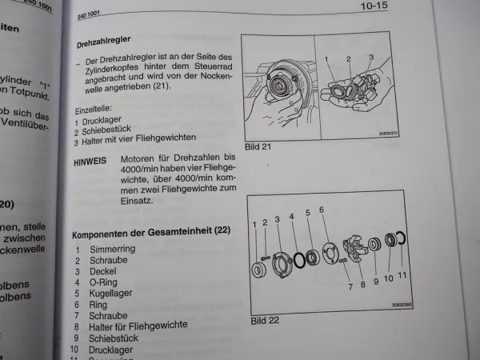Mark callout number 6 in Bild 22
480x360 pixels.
tap(322, 210)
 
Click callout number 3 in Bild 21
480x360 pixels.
tap(370, 57)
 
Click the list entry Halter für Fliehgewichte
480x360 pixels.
tap(142, 325)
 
